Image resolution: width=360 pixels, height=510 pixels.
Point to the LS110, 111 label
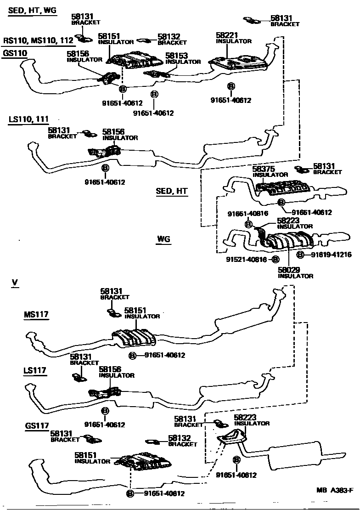pos(28,119)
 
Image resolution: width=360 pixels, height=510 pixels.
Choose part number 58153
pos(177,56)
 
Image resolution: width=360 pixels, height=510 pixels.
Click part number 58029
pos(288,270)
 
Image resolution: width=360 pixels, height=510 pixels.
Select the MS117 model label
pos(36,315)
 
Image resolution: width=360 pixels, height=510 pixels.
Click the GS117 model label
pos(37,425)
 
